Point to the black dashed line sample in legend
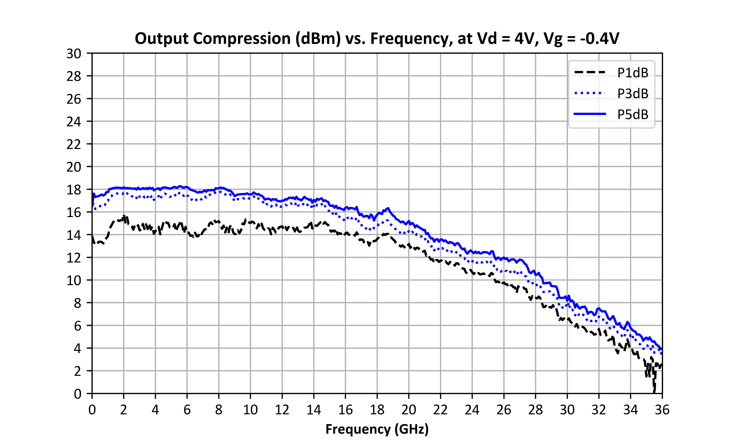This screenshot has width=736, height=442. [590, 72]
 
